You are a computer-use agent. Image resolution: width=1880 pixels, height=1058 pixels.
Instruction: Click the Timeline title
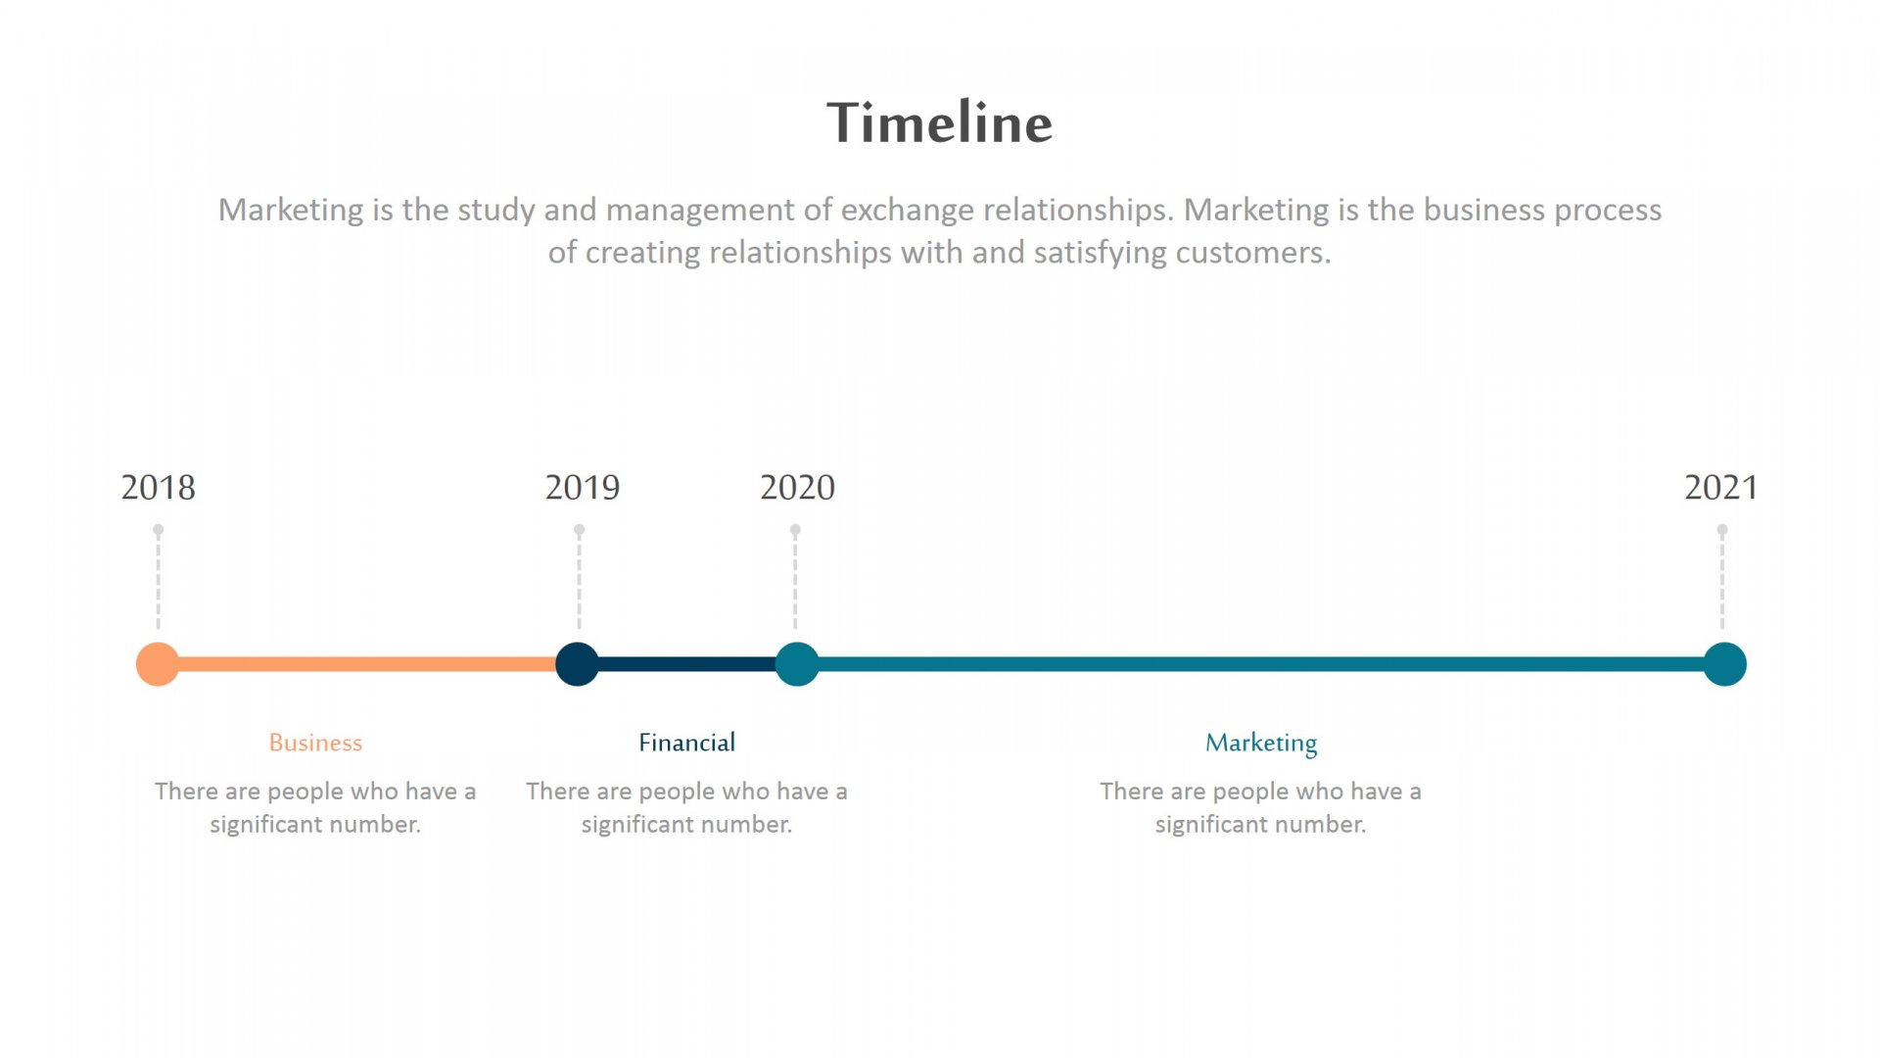click(940, 122)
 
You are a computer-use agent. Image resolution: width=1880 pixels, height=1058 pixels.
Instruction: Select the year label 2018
click(158, 487)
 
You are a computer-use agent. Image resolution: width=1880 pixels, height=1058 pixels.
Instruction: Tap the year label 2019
click(583, 487)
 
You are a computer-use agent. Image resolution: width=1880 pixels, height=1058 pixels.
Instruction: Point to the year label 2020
click(797, 487)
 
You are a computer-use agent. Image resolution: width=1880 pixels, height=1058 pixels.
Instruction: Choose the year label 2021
click(1721, 487)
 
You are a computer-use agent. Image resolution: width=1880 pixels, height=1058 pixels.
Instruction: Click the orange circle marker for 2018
click(158, 664)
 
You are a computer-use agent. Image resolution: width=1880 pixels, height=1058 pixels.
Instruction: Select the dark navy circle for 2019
click(578, 664)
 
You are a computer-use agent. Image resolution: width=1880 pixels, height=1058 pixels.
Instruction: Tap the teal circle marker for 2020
click(797, 664)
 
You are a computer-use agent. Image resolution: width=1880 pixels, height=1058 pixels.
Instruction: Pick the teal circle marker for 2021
click(1724, 664)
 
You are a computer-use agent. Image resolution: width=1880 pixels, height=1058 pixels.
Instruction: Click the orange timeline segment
click(367, 664)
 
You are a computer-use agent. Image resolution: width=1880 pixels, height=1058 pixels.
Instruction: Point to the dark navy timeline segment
click(687, 664)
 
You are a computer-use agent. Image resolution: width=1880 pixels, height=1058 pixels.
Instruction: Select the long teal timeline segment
click(1261, 664)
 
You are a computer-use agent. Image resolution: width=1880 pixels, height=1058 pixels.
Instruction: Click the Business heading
click(315, 743)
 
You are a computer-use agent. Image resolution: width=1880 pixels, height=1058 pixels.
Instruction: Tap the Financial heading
click(686, 743)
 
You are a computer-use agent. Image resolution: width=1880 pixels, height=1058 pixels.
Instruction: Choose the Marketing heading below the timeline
click(1261, 744)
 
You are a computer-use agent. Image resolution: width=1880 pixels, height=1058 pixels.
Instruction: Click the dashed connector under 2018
click(158, 578)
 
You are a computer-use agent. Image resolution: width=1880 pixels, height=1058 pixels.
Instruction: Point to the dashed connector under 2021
click(1722, 578)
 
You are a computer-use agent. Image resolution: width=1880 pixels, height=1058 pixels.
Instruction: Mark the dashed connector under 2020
click(795, 578)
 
